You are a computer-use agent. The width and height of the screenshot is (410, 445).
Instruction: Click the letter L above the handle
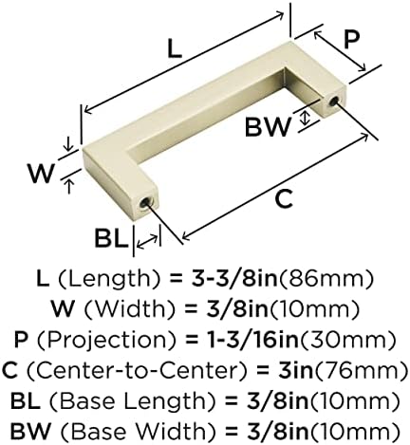tap(175, 49)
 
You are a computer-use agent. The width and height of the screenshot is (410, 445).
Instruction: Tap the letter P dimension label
tap(351, 40)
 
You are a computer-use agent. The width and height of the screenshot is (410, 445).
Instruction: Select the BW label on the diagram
tap(268, 127)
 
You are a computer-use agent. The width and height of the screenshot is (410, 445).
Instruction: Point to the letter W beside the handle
tap(41, 174)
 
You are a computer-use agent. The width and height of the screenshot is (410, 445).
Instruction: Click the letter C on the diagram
tap(284, 199)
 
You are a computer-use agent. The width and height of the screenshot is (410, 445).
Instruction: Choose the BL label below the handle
tap(111, 238)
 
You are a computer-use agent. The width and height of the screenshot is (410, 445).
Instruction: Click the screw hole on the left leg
tap(145, 202)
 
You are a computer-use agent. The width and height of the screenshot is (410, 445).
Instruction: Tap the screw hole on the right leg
tap(333, 101)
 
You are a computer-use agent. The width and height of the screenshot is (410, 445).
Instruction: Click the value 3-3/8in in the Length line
tap(234, 279)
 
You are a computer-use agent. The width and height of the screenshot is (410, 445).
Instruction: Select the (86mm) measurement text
tap(326, 279)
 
